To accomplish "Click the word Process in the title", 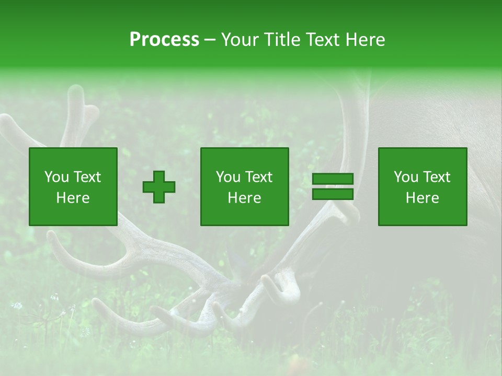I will click(x=164, y=40).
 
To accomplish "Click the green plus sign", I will click(x=159, y=187).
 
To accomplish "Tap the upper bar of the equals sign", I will click(x=333, y=179).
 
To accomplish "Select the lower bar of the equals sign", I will click(x=333, y=194).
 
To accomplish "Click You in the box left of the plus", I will click(x=56, y=177).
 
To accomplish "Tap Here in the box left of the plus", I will click(x=73, y=198).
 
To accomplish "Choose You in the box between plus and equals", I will click(x=228, y=177).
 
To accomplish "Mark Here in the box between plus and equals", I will click(x=244, y=198).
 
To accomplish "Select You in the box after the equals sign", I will click(x=406, y=177).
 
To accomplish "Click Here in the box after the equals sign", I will click(x=422, y=198).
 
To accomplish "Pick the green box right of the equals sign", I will click(x=423, y=214).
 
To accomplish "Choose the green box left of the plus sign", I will click(x=73, y=214).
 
